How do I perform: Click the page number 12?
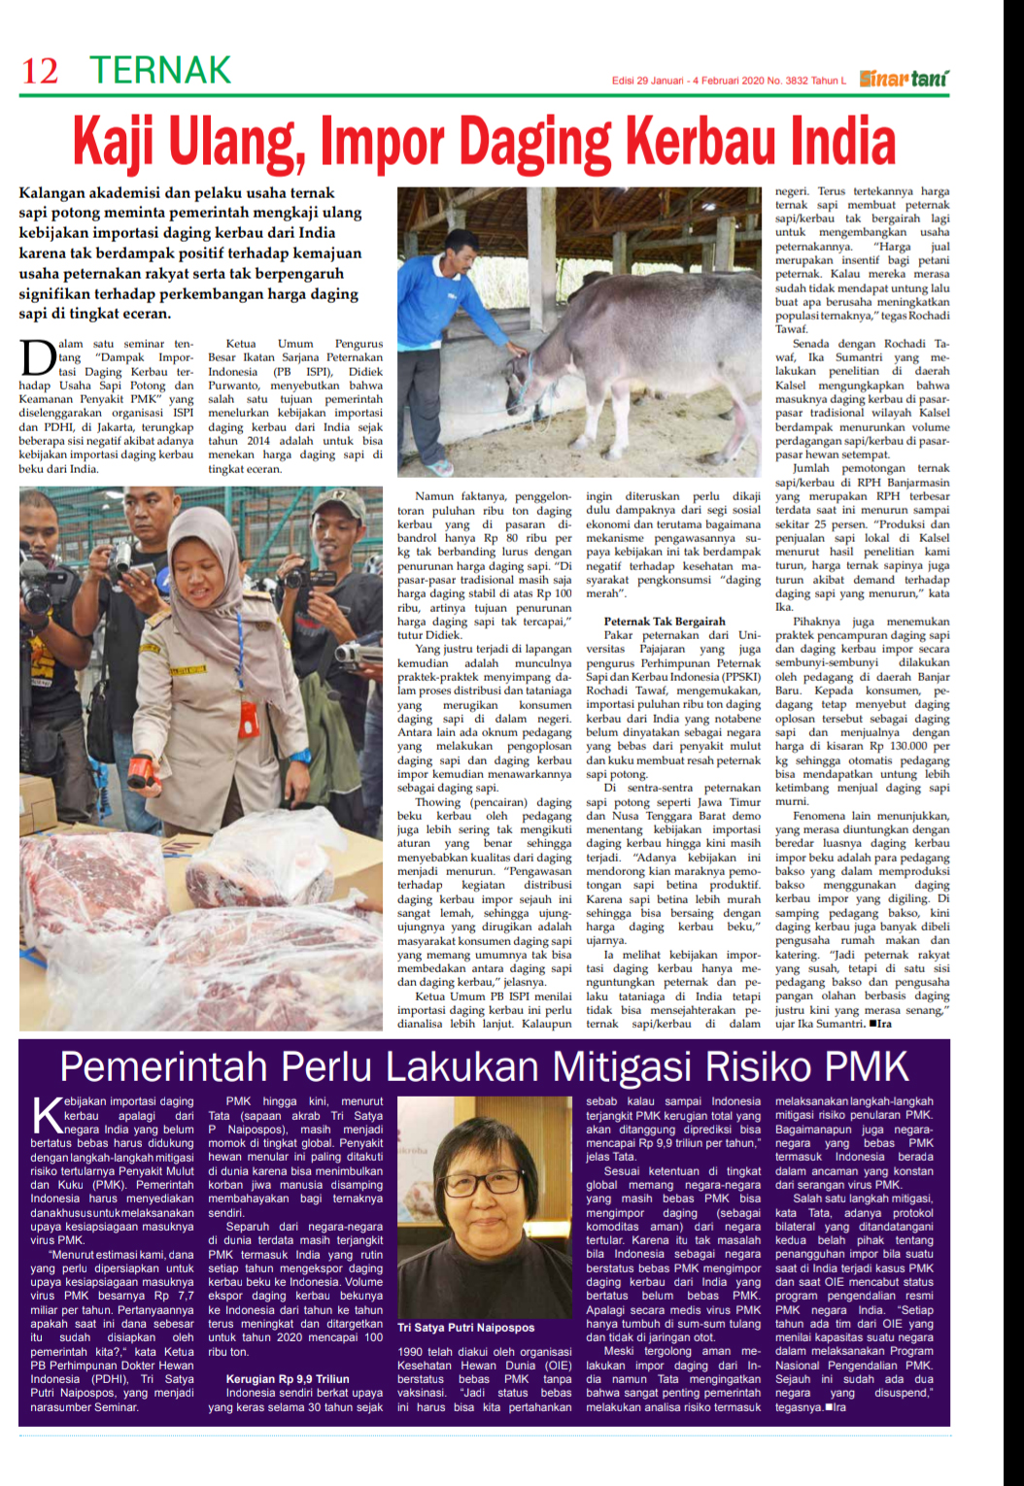[x=40, y=71]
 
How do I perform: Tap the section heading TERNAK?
[x=160, y=70]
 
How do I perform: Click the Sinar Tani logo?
[x=904, y=78]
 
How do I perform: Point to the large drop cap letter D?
[x=37, y=357]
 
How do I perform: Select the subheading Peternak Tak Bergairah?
[x=665, y=621]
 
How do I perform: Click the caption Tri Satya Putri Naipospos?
[x=465, y=1327]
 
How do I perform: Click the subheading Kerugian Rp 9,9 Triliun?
[x=288, y=1378]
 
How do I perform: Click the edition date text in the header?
[x=729, y=81]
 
